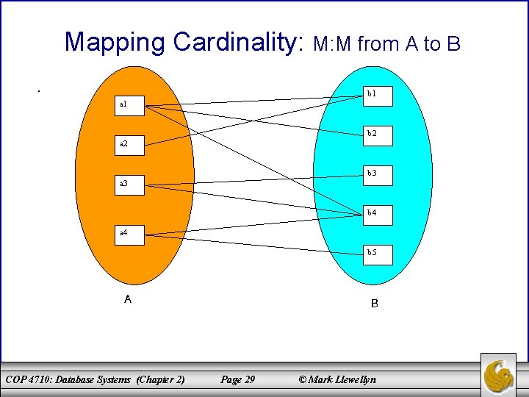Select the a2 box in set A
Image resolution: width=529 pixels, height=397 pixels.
pos(132,145)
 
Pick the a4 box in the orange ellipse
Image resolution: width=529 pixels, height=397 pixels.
pos(132,234)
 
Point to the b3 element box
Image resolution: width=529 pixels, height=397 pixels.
pos(378,175)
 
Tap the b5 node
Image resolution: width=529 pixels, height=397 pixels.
pos(378,254)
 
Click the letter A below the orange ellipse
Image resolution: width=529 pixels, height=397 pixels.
pos(128,299)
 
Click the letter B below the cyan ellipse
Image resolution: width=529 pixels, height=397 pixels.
pos(375,303)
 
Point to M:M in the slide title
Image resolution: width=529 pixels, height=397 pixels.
pos(334,44)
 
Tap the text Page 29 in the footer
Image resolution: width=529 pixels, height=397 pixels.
pos(238,379)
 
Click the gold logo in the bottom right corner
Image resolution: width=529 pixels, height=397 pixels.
pos(499,375)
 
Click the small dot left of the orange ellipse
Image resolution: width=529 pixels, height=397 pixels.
pos(38,90)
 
